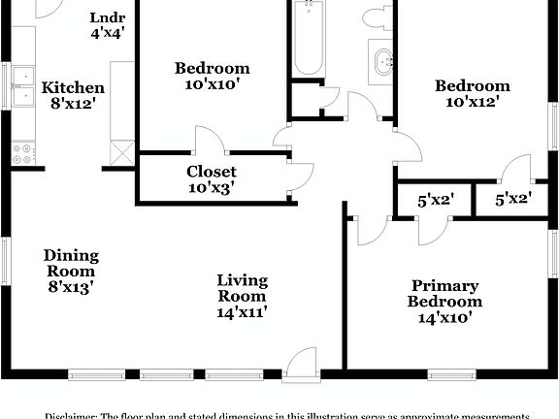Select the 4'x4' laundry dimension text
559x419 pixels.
107,33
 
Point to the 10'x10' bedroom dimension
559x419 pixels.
212,83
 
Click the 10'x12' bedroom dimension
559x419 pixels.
477,102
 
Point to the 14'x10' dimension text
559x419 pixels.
444,317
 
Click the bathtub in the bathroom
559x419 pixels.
308,39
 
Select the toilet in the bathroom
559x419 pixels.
375,16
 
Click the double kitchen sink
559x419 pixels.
22,84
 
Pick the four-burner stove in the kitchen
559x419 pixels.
22,152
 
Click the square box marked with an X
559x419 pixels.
121,152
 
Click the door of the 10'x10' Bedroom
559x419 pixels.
209,142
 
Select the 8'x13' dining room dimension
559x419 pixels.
71,286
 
